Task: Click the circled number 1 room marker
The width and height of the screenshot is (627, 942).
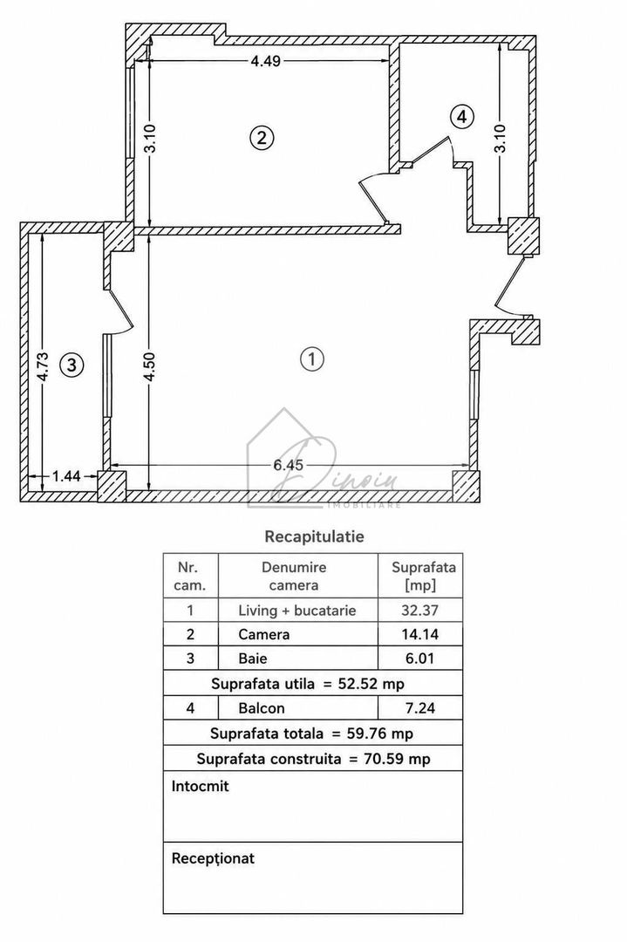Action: [311, 358]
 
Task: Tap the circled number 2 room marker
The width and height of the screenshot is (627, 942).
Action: [262, 138]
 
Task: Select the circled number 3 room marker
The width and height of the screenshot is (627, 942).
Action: [72, 365]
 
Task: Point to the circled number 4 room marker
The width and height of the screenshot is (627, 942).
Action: [461, 117]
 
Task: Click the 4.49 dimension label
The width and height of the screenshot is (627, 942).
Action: [265, 61]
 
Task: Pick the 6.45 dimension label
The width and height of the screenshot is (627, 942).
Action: [289, 465]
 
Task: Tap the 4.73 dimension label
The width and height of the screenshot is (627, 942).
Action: [42, 366]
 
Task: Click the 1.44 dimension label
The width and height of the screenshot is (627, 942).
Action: [66, 476]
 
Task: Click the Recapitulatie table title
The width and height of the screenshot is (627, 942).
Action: [314, 536]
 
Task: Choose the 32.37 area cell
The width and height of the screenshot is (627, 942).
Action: [419, 611]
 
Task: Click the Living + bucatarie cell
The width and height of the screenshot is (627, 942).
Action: [297, 611]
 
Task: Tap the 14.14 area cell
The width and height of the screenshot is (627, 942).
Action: [419, 634]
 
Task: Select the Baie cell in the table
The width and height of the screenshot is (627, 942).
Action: [253, 659]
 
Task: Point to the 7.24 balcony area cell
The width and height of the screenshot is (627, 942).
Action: [419, 708]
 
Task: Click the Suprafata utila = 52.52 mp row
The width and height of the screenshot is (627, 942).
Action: [308, 684]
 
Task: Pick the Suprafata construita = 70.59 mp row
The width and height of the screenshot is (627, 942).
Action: [314, 759]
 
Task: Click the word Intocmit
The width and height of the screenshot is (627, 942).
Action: [200, 787]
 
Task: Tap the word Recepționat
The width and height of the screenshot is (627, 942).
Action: [213, 859]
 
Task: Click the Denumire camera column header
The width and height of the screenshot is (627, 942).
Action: [294, 577]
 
